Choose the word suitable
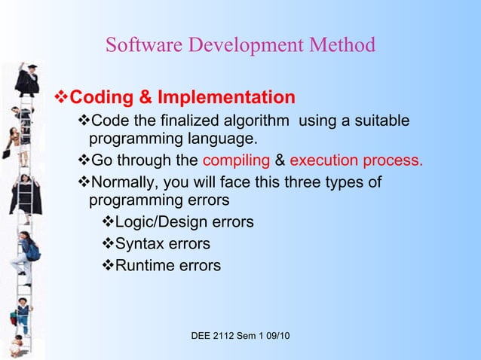(380, 121)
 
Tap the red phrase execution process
(356, 160)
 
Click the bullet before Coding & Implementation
(63, 98)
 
